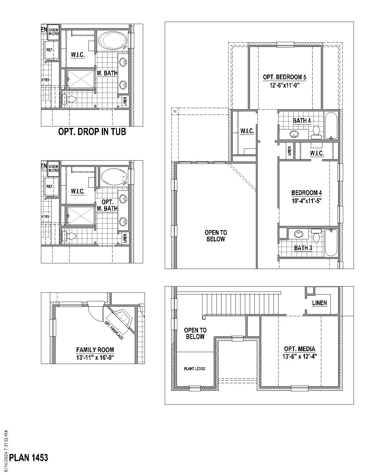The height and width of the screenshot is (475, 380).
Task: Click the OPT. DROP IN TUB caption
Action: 92,132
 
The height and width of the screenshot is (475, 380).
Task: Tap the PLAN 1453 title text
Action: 28,458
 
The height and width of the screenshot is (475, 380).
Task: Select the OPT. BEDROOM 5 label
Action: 284,77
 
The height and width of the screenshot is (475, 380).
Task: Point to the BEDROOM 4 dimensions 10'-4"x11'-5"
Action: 306,201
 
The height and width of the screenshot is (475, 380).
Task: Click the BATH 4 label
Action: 302,121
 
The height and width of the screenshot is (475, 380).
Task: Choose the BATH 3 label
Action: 303,248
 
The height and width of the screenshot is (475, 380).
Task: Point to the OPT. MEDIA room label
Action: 300,349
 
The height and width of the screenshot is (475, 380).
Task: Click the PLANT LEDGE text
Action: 194,369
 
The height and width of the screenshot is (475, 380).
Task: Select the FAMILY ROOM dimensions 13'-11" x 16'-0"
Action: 95,358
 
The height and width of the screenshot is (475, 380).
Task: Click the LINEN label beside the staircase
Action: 319,303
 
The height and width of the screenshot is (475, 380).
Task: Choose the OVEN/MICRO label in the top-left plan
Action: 53,32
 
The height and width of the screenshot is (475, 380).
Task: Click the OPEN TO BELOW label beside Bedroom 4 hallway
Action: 216,236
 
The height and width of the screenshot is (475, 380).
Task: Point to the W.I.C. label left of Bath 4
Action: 247,131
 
